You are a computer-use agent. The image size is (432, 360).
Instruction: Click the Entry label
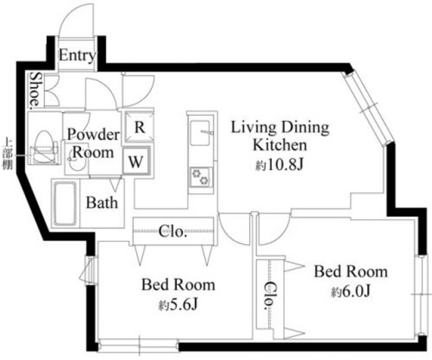coord(78,55)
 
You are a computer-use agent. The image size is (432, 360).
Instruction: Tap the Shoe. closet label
coord(36,89)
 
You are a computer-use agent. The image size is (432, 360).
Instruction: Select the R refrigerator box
coord(140,128)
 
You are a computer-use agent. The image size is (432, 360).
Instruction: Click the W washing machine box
coord(136,161)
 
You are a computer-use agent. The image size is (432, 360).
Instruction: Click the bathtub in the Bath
coord(65,203)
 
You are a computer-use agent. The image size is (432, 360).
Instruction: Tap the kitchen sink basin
coord(200,133)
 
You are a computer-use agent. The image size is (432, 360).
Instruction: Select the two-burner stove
coord(201,177)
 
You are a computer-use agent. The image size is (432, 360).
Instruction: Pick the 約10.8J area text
coord(279,165)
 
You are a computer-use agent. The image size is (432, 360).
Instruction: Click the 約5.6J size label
coord(178,305)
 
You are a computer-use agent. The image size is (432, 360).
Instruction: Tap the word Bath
coord(102,203)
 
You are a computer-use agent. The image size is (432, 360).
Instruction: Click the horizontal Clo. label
coord(173,232)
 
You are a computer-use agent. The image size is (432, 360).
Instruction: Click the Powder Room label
coord(94,143)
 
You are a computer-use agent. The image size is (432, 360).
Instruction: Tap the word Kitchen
coord(280,145)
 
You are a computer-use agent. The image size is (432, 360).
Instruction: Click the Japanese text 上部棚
coord(7,153)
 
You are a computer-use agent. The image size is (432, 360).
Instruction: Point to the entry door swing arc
coord(69,14)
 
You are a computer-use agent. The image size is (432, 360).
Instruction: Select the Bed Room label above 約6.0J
coord(351,272)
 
